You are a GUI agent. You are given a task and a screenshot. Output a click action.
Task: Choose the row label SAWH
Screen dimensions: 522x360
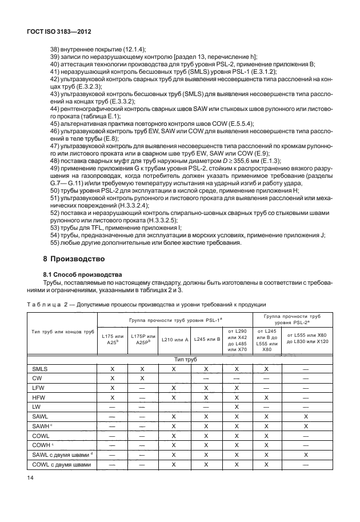pos(43,425)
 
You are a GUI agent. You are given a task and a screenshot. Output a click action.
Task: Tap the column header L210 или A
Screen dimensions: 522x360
pos(175,340)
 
